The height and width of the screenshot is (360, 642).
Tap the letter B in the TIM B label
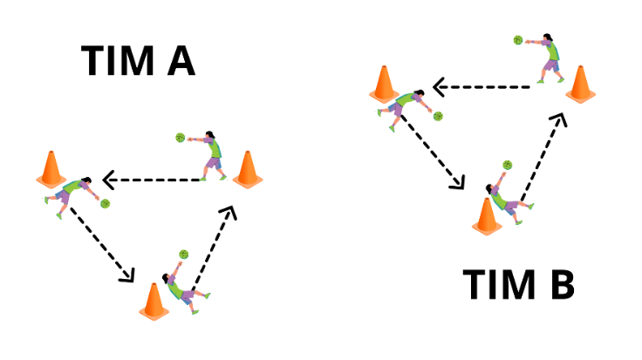(559, 286)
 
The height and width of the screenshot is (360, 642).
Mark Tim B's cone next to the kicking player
(485, 216)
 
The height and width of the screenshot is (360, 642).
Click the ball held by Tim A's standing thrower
(181, 137)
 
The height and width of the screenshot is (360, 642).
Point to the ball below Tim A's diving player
(105, 203)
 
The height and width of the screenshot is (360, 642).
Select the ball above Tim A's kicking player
(184, 254)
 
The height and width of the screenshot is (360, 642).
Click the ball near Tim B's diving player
(438, 116)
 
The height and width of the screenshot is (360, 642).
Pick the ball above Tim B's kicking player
(507, 164)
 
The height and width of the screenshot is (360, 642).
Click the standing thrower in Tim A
(209, 154)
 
